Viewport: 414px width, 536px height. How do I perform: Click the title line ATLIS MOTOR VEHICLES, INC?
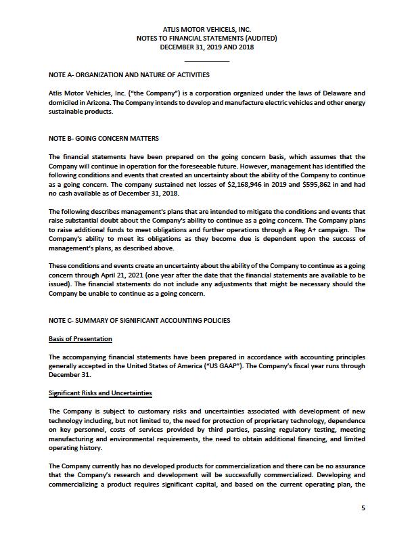point(207,30)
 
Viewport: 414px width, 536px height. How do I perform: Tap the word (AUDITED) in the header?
point(260,39)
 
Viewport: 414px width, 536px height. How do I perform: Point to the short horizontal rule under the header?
point(207,62)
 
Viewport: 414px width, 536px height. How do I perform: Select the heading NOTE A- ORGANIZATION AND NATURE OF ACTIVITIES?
point(129,74)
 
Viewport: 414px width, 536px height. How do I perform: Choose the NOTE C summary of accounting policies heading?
point(139,320)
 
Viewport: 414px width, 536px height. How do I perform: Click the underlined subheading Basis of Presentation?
point(80,338)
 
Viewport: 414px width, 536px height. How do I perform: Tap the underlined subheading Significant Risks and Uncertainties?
point(100,393)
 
